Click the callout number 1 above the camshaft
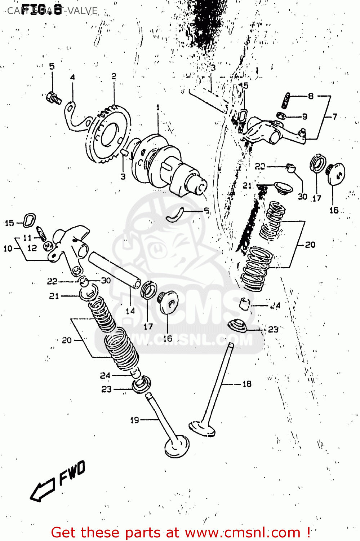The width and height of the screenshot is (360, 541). click(158, 107)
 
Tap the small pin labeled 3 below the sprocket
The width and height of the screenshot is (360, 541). click(124, 152)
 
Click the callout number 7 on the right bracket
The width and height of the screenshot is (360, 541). click(335, 116)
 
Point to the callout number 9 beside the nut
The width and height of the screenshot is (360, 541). click(305, 116)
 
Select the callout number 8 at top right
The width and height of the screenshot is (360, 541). click(311, 96)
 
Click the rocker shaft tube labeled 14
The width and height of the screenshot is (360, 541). click(115, 270)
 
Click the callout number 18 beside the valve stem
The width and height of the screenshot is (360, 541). click(247, 384)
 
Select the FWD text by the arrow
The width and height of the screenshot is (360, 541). click(72, 472)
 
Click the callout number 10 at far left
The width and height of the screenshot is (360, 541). click(8, 248)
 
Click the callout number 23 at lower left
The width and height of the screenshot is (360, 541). click(106, 390)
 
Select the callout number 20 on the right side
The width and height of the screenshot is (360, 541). click(310, 245)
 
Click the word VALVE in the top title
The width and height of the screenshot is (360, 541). click(83, 11)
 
